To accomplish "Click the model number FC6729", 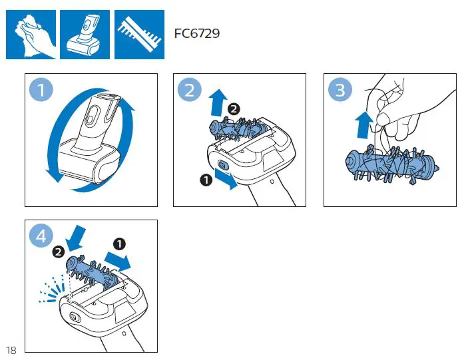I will click(x=196, y=33).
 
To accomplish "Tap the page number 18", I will click(x=11, y=351).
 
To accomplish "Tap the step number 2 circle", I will click(x=190, y=89).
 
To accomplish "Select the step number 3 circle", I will click(x=340, y=89).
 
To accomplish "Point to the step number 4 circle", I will click(x=41, y=236).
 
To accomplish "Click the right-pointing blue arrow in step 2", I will click(x=226, y=182).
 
